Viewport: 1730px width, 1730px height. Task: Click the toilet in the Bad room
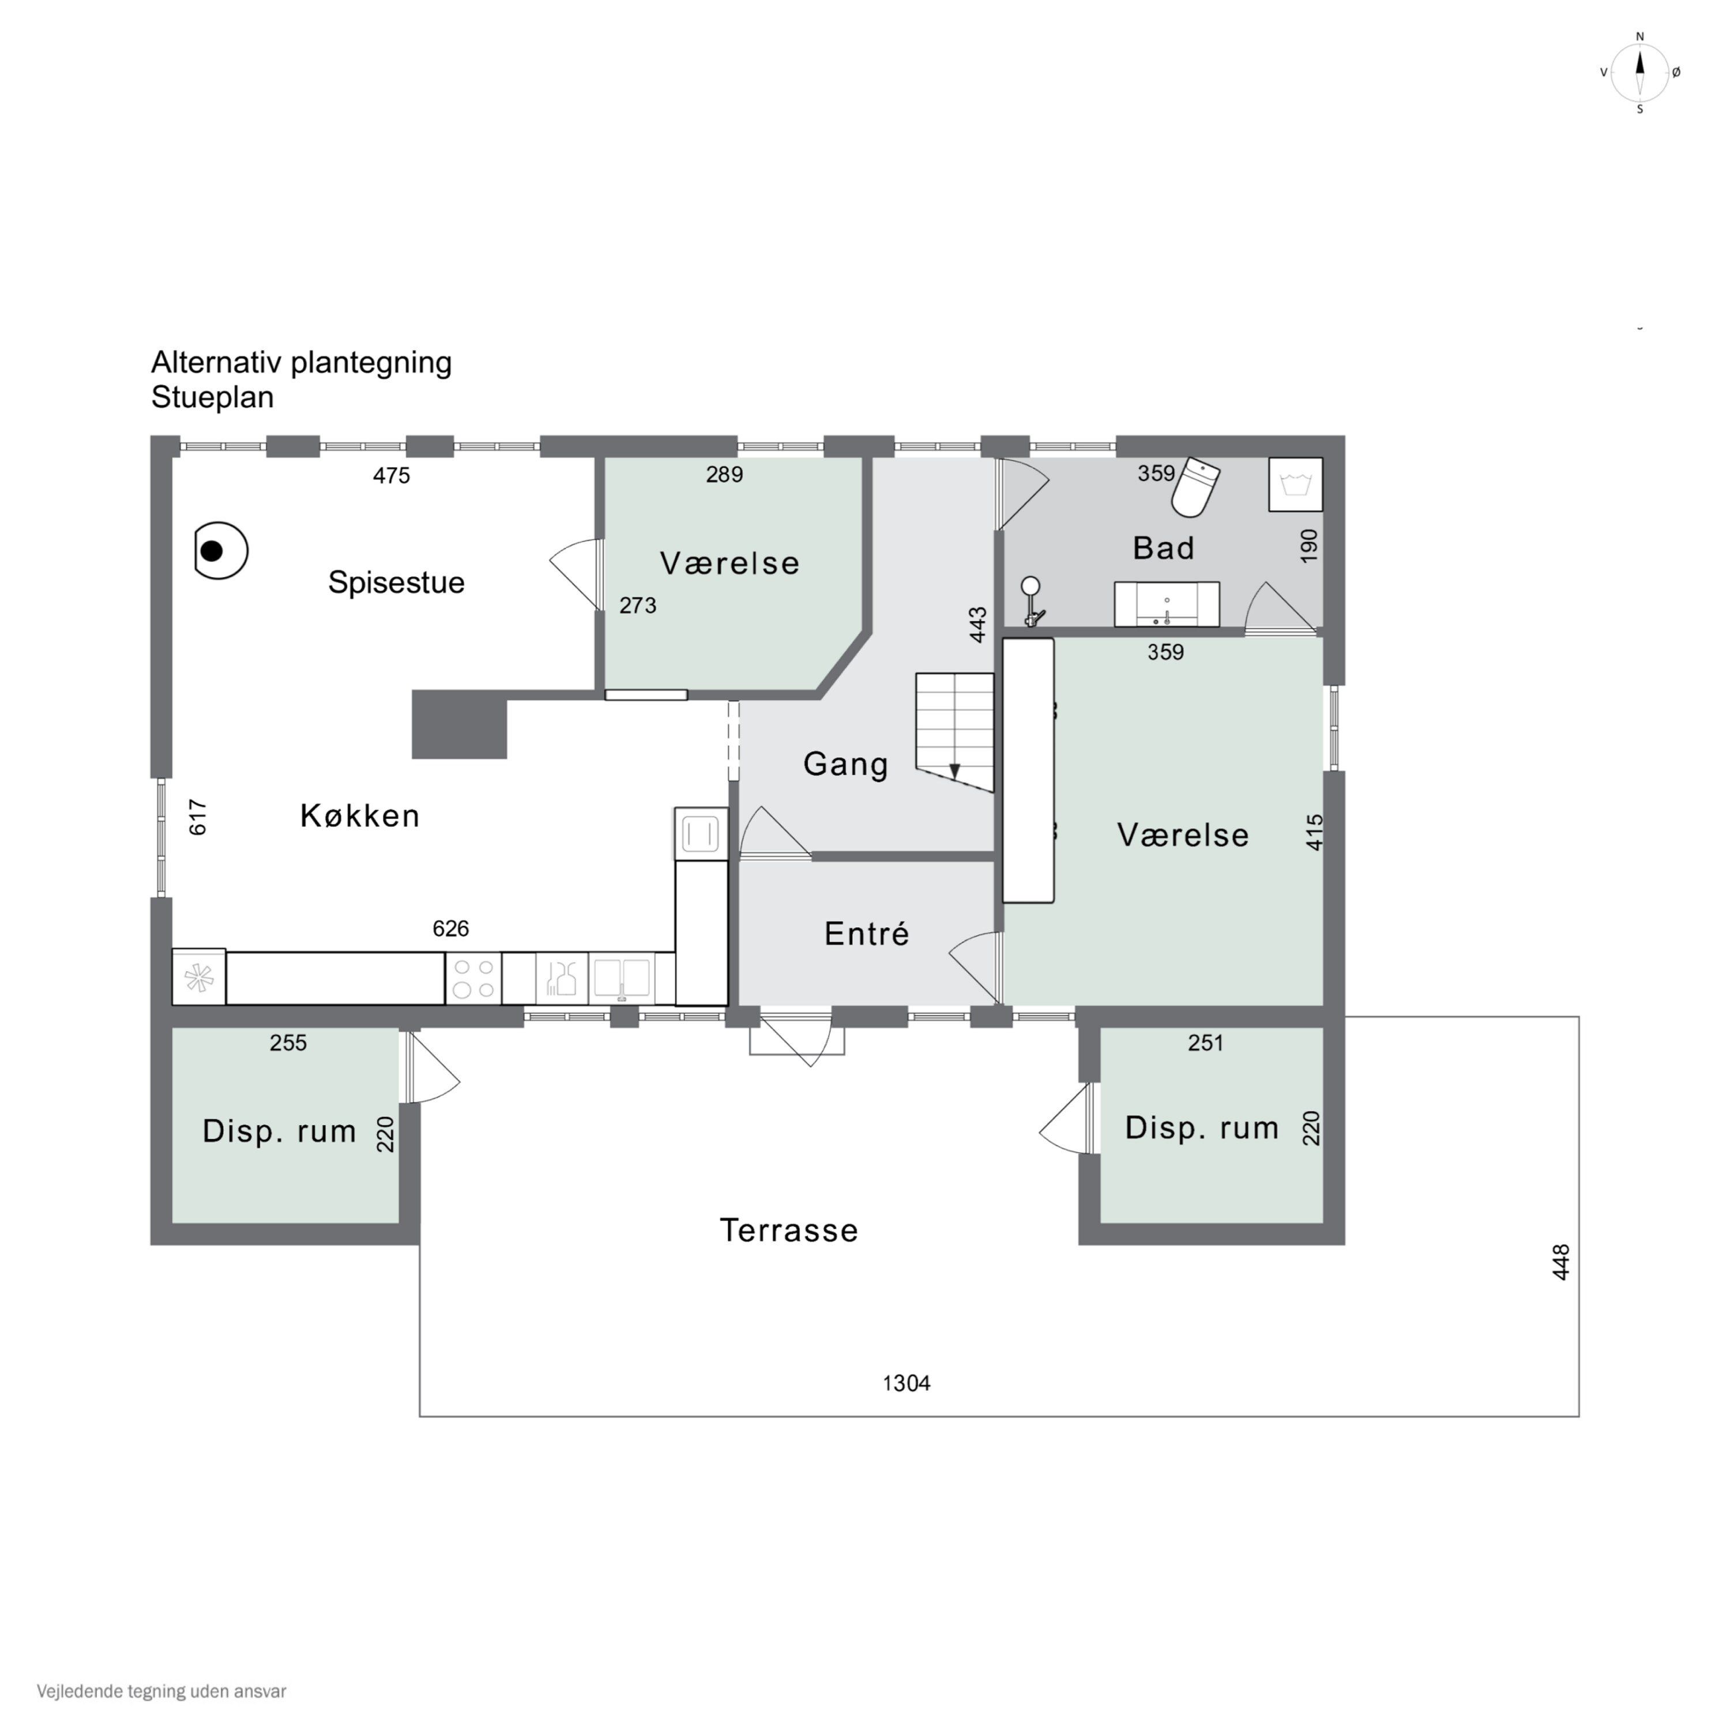pyautogui.click(x=1197, y=487)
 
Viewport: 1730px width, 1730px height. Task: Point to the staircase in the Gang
pyautogui.click(x=954, y=732)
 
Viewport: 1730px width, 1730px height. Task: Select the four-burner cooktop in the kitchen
pyautogui.click(x=473, y=979)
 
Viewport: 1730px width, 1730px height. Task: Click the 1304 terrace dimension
pyautogui.click(x=906, y=1383)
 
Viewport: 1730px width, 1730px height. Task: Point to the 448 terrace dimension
pyautogui.click(x=1561, y=1262)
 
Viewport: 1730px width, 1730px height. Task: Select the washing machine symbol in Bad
pyautogui.click(x=1296, y=484)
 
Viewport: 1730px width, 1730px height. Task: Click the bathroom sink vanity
pyautogui.click(x=1167, y=604)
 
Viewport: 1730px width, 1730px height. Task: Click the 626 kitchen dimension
pyautogui.click(x=450, y=928)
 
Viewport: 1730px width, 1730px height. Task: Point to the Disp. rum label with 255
pyautogui.click(x=279, y=1131)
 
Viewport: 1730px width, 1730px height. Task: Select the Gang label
pyautogui.click(x=845, y=764)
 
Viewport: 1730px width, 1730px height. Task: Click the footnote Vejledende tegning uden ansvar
pyautogui.click(x=161, y=1691)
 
